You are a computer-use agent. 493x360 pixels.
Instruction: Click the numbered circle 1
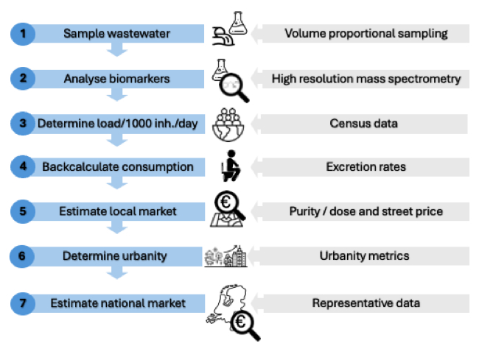point(23,33)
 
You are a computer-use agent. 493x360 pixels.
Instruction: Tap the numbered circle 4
point(23,167)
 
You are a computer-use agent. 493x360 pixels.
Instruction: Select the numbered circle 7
point(23,303)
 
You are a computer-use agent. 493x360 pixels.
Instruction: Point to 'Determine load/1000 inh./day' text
point(118,123)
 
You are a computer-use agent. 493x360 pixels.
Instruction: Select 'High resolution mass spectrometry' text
point(366,78)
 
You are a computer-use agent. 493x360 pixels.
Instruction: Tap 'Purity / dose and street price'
point(366,212)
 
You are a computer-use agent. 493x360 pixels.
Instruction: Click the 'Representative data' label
point(366,303)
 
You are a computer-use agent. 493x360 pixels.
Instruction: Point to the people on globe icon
point(231,123)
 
